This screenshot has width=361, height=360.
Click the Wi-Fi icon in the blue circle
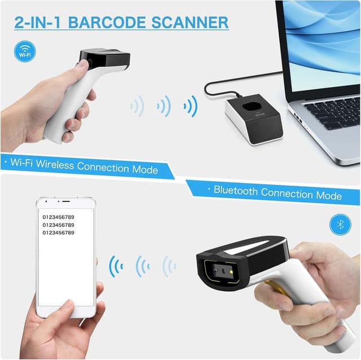pos(25,51)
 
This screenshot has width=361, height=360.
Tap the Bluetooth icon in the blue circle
pos(340,224)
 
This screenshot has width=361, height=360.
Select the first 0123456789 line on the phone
pos(59,217)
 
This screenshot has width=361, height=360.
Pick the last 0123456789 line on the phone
pos(59,232)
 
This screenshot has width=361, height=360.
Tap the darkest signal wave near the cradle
pos(192,106)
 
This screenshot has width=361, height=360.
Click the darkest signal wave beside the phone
pos(115,266)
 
